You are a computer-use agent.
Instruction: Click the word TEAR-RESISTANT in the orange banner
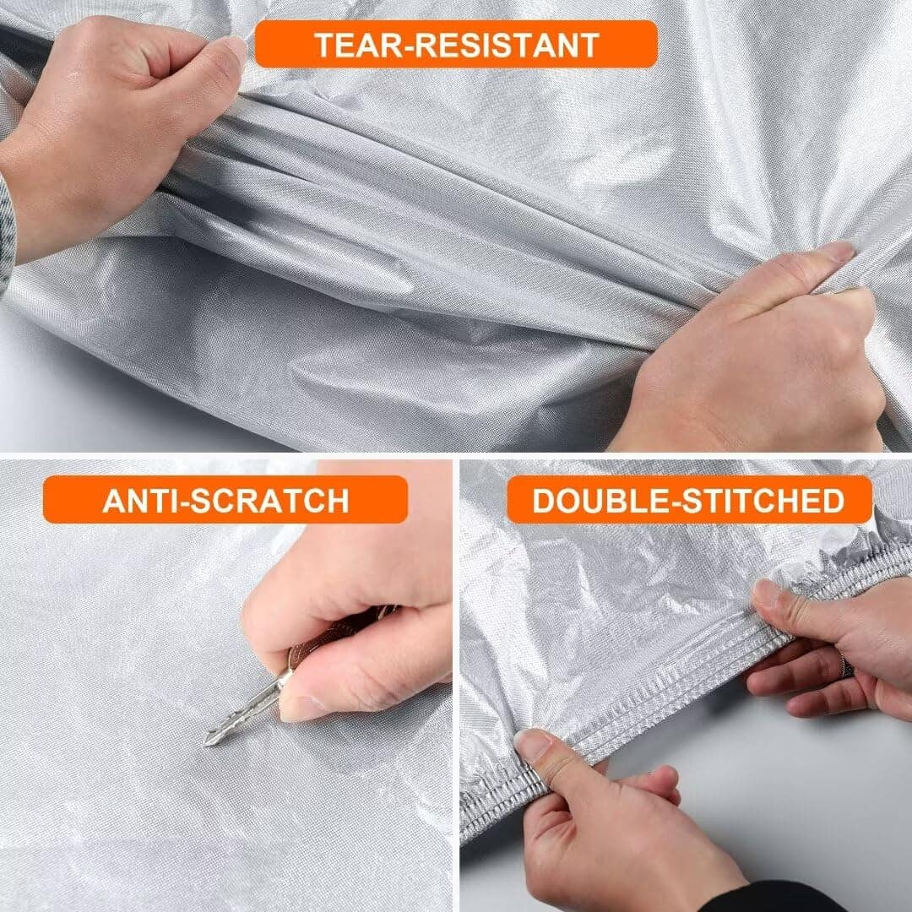tap(457, 46)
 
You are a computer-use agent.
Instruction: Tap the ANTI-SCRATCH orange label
tap(225, 500)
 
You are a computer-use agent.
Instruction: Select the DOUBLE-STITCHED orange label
tap(689, 500)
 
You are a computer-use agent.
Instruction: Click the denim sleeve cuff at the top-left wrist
tap(7, 233)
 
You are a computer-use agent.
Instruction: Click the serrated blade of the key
tap(244, 709)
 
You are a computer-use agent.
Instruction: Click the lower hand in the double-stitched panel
tap(611, 826)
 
